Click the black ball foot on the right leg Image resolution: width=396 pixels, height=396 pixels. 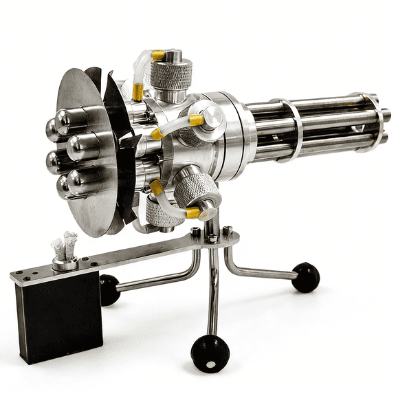306,277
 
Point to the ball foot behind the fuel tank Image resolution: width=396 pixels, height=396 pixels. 109,289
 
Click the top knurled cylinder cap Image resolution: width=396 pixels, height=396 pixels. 171,74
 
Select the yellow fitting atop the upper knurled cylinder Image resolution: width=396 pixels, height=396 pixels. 159,55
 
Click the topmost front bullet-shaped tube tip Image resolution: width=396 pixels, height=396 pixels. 69,121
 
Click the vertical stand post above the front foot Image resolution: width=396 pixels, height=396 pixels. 213,289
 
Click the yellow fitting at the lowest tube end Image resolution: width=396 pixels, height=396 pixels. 194,213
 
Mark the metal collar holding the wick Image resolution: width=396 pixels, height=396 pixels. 65,263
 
